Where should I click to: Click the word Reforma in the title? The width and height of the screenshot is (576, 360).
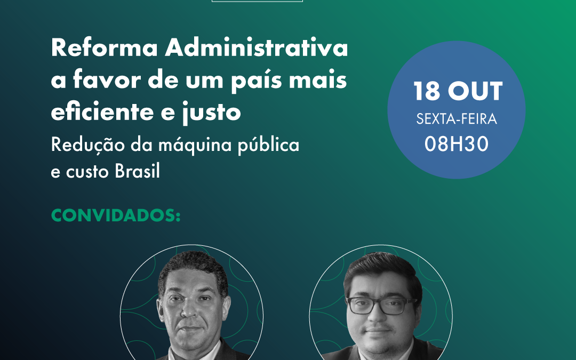105,48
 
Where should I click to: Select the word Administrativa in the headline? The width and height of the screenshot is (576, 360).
257,48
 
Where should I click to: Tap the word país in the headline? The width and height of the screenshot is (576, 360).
257,81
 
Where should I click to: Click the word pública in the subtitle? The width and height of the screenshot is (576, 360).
268,145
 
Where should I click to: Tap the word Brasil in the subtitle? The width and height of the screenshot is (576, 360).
138,171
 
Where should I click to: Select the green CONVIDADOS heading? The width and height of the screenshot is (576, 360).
116,215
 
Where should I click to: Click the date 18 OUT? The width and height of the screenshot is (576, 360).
458,91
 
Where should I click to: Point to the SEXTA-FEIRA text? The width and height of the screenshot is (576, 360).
457,119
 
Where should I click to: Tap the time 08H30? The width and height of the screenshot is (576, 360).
457,143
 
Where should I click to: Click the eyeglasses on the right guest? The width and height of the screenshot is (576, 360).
382,306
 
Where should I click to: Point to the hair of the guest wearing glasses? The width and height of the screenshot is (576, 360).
382,270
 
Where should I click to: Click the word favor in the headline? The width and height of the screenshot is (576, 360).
107,79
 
